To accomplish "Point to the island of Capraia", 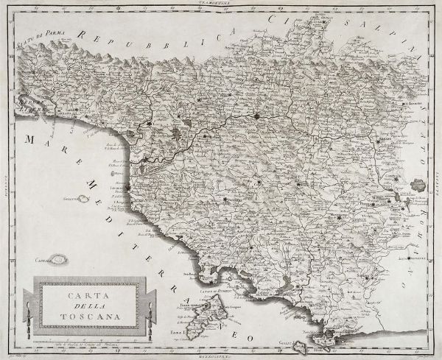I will tap(59, 258).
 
